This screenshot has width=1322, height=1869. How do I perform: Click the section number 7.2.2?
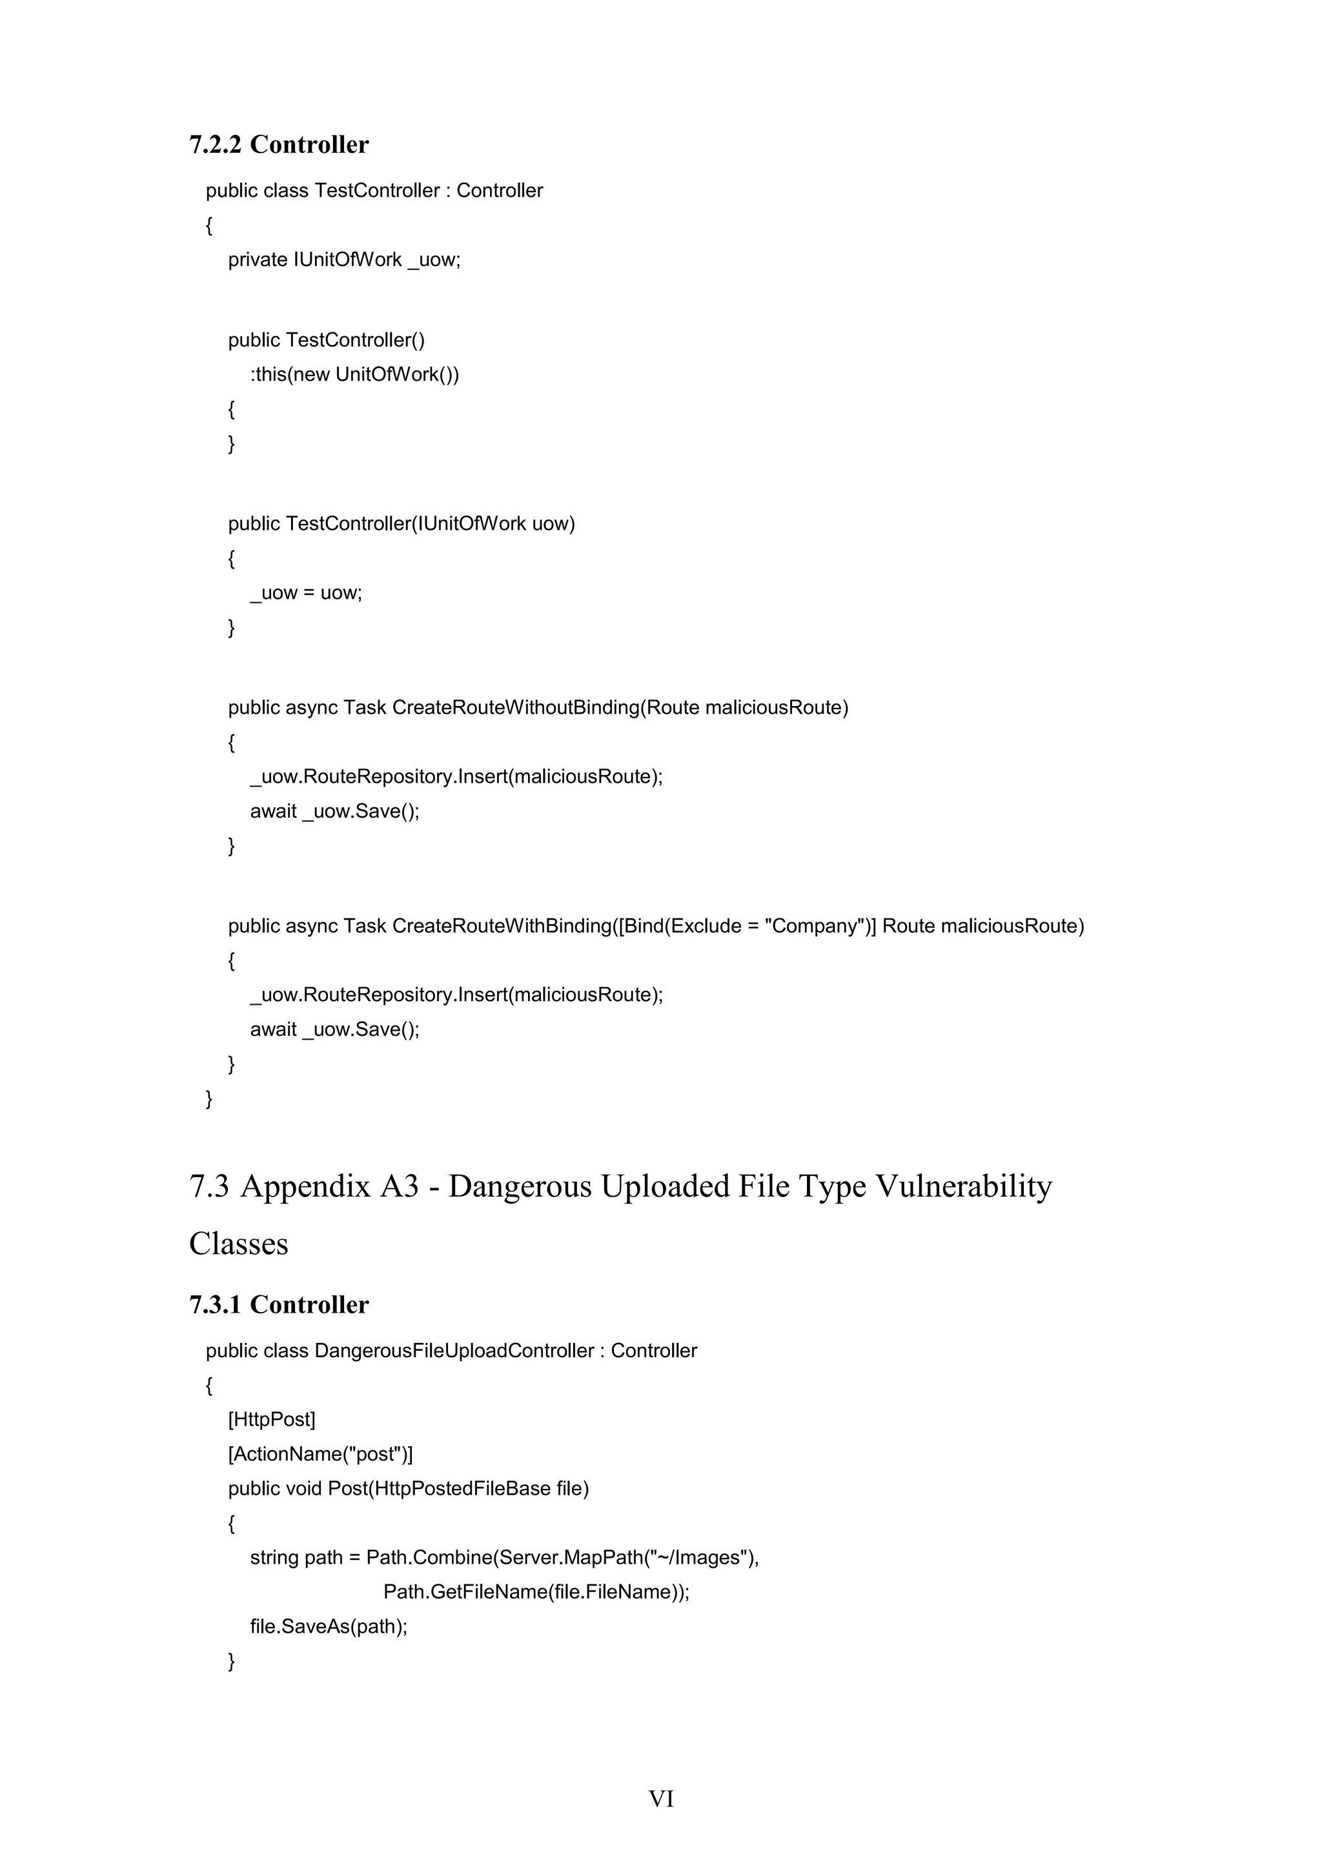[215, 145]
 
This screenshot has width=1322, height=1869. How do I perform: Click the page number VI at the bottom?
[661, 1798]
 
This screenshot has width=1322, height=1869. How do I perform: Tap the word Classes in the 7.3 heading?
[238, 1243]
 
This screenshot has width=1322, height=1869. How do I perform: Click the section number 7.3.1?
[215, 1304]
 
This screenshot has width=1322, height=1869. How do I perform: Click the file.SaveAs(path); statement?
[328, 1626]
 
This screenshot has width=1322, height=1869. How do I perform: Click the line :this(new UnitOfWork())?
[354, 374]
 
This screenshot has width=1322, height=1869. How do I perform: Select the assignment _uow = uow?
[305, 592]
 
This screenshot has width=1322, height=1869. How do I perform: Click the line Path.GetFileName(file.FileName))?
[536, 1591]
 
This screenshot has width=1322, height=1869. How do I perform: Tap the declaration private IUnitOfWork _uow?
[343, 259]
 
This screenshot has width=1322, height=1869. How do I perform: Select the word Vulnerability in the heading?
[963, 1186]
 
